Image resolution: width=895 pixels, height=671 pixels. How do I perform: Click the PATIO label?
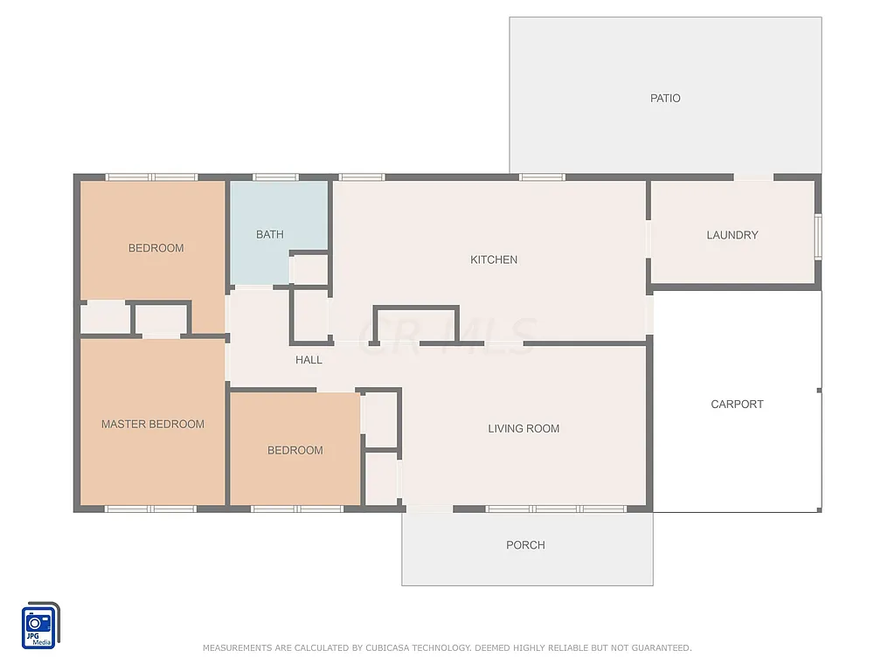tap(665, 99)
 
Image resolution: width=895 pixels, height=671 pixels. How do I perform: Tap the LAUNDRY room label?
tap(732, 235)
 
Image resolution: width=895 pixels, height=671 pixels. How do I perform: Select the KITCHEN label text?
tap(494, 259)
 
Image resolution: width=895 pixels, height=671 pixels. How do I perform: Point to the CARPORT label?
tap(737, 405)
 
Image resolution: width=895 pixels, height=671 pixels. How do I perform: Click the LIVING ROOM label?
tap(524, 429)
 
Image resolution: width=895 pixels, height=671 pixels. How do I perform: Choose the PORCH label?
tap(525, 545)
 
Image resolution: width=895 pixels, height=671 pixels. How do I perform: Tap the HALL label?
tap(309, 360)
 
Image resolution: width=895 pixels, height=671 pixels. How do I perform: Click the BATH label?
tap(270, 235)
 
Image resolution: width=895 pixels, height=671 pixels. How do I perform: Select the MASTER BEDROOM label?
tap(153, 425)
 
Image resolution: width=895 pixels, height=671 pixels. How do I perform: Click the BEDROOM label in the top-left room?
tap(156, 248)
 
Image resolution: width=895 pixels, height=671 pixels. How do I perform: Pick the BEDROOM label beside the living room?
tap(295, 451)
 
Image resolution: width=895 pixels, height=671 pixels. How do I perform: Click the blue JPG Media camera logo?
tap(39, 626)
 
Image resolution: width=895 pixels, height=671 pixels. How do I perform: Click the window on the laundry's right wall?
tap(818, 237)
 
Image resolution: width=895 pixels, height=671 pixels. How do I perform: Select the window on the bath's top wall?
tap(275, 177)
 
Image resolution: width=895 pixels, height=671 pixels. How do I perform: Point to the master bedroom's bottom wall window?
tap(150, 508)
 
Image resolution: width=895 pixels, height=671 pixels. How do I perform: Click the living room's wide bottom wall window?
tap(555, 508)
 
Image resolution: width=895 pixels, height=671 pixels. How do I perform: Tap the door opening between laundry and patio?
tap(753, 177)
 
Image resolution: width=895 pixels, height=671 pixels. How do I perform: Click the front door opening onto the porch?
tap(429, 508)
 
